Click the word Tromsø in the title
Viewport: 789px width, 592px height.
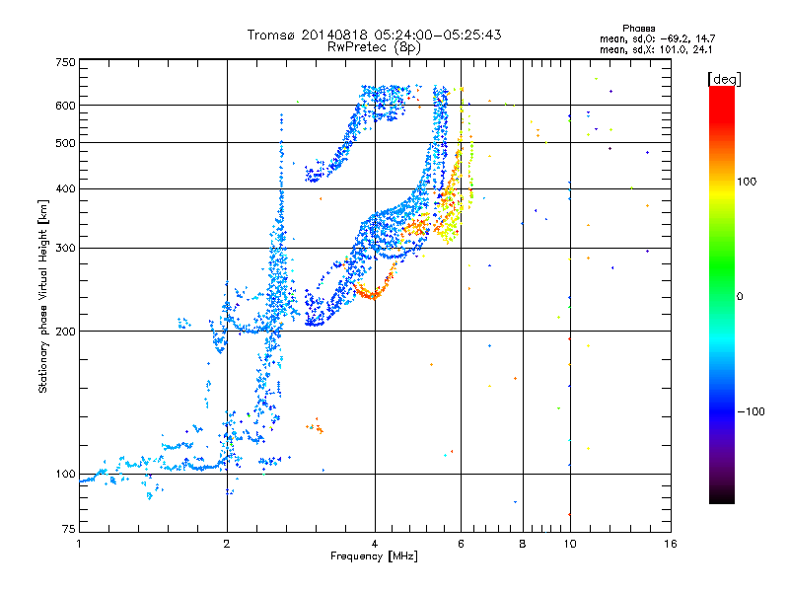click(x=272, y=35)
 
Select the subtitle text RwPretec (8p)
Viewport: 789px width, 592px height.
click(x=374, y=46)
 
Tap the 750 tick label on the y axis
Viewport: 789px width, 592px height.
click(x=66, y=62)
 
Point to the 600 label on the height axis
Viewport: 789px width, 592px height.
click(x=66, y=106)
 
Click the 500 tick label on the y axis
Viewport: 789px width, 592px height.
click(x=66, y=142)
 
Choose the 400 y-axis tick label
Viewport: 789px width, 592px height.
click(x=66, y=188)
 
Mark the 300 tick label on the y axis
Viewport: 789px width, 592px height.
click(x=66, y=248)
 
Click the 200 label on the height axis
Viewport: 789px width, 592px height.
click(x=66, y=332)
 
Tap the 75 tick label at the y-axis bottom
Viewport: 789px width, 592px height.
click(x=69, y=529)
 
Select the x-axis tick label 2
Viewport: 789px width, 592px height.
click(x=227, y=544)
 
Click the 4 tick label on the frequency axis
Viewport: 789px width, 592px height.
click(x=375, y=544)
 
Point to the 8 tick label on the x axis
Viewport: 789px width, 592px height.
click(x=523, y=544)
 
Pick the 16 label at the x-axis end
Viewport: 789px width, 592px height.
click(x=671, y=544)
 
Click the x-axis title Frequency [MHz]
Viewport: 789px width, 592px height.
click(x=374, y=556)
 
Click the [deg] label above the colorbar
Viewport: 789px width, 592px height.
click(x=724, y=79)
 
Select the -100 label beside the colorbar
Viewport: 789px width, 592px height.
click(x=751, y=411)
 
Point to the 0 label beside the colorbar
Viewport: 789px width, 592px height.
click(x=740, y=296)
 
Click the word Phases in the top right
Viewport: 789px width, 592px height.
click(x=638, y=29)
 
